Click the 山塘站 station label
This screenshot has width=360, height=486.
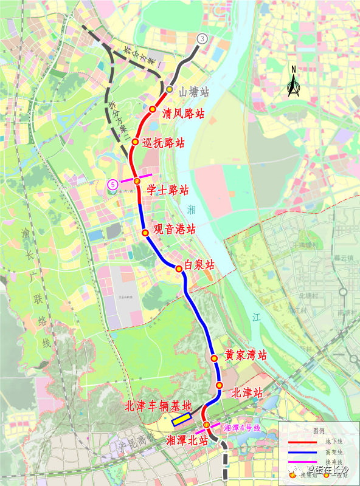[194, 92]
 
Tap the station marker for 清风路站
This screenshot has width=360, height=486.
[153, 108]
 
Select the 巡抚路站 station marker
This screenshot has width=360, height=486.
[136, 141]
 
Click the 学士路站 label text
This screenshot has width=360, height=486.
[168, 190]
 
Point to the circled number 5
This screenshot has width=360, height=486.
[112, 184]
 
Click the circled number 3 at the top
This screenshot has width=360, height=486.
[202, 38]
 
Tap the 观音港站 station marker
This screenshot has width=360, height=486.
[145, 233]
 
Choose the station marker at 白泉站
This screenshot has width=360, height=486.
[179, 269]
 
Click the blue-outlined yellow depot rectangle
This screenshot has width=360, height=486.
[182, 419]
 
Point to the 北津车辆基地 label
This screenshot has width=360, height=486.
[158, 406]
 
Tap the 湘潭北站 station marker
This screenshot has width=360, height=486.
[206, 425]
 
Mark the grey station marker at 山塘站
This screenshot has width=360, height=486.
[170, 91]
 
